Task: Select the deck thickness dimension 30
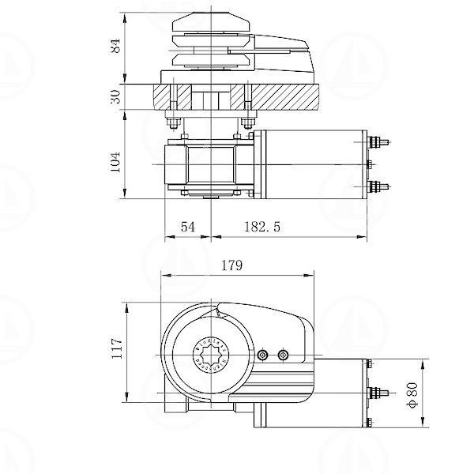(115, 96)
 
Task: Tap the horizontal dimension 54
(188, 227)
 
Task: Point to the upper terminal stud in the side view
(378, 142)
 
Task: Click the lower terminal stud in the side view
(378, 186)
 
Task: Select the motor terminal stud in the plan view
(379, 392)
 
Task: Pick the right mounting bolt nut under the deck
(249, 122)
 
